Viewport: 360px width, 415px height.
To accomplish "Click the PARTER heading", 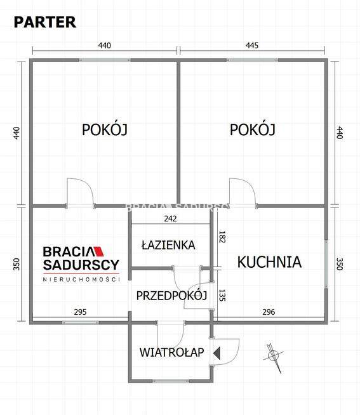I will [45, 22].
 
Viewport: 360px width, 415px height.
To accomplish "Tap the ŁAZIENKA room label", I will [168, 245].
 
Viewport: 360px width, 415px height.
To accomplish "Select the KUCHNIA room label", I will [269, 261].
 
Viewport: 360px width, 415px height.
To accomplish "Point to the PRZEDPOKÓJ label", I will [172, 295].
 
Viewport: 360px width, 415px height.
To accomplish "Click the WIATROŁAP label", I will [172, 352].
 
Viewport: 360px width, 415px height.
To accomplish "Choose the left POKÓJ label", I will [105, 129].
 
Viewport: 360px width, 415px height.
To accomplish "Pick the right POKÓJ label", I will [252, 129].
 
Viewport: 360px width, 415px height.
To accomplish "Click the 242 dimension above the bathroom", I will [170, 219].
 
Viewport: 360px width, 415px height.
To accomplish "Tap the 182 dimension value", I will [222, 238].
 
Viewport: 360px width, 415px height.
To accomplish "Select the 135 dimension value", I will [222, 295].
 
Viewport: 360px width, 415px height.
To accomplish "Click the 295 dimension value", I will [80, 312].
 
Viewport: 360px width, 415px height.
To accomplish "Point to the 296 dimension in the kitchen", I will [268, 312].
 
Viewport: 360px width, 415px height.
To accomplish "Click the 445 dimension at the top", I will [252, 45].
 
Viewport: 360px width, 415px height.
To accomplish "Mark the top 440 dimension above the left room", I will [104, 45].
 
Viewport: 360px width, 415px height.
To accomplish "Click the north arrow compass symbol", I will [273, 354].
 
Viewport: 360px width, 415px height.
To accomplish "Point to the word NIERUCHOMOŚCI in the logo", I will [81, 279].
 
